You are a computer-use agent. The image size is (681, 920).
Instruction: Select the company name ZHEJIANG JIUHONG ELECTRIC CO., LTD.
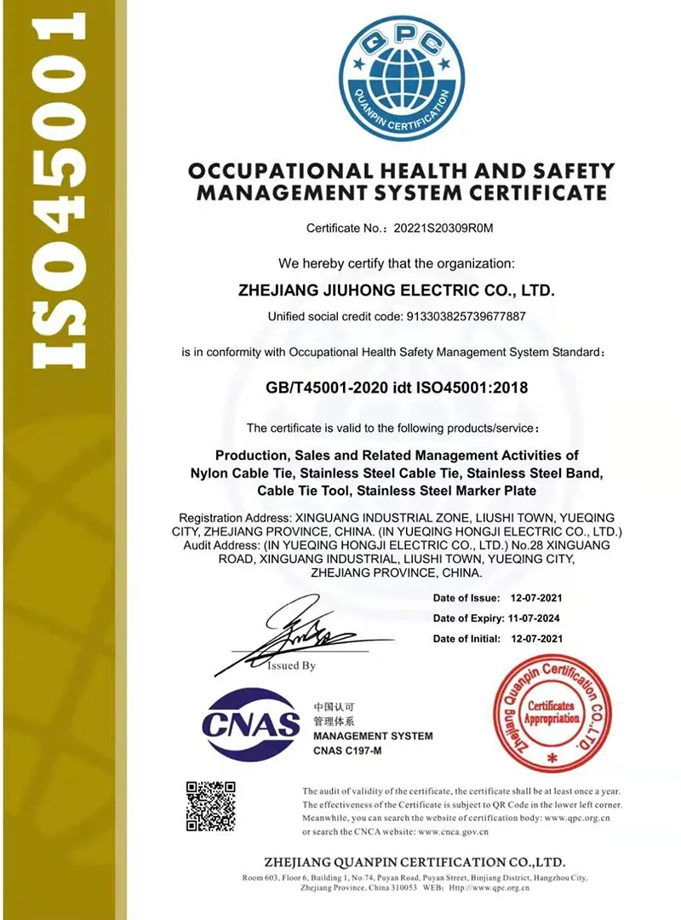coord(399,290)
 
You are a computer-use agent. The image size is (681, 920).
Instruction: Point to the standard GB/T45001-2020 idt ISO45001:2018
coord(398,388)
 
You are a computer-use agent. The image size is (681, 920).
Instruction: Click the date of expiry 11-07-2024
coord(536,618)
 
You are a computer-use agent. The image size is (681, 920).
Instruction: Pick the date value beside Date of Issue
coord(536,598)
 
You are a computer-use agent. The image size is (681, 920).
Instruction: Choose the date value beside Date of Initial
coord(536,638)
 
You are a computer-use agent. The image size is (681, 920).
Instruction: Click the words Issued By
coord(291,665)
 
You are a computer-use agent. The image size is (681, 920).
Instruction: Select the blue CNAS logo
coord(252,725)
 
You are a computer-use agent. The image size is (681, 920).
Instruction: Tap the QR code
coord(211,806)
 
